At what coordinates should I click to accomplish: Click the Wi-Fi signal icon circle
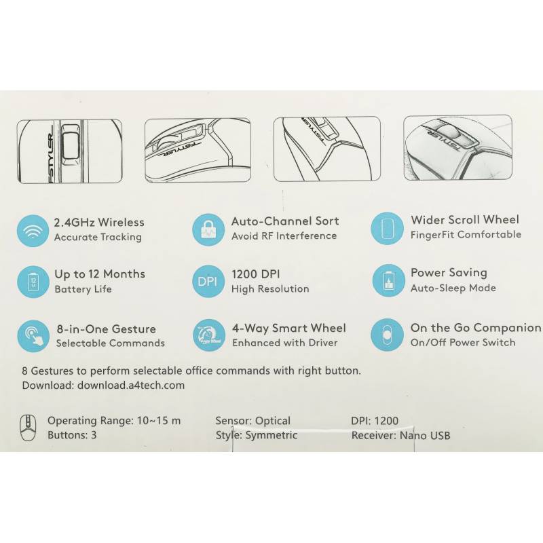33,231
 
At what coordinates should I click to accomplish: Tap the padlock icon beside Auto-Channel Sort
208,229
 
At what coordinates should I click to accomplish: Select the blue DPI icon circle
208,281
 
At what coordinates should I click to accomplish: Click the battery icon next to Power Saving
388,280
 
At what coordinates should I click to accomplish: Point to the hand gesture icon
33,336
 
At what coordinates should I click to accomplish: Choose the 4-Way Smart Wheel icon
209,335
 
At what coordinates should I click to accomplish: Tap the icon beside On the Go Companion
387,335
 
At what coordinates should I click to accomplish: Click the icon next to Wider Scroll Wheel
387,228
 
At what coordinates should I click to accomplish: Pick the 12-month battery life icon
33,282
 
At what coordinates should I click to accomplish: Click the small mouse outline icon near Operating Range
28,428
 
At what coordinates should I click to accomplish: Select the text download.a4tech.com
131,385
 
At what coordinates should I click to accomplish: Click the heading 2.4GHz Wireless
99,223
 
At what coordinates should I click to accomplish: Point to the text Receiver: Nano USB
400,435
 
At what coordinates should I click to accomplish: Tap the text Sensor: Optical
252,421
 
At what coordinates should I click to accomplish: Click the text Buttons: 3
72,435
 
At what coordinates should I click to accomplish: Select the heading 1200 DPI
256,274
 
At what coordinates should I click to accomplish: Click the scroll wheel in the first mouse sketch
71,146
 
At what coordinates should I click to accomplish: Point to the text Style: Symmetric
257,435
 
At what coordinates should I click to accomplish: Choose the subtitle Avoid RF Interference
284,236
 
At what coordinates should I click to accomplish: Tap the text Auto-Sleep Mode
453,288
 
